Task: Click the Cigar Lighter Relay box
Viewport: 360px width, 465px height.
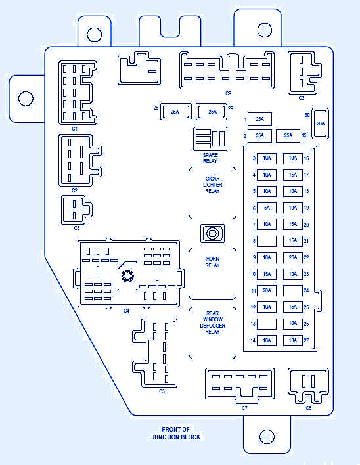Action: (x=213, y=193)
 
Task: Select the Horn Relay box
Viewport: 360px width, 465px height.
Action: (x=213, y=274)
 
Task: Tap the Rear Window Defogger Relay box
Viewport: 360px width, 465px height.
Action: (x=213, y=333)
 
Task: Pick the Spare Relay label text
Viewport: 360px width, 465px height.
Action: (x=210, y=158)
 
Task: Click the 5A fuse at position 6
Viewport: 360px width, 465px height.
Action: (x=267, y=208)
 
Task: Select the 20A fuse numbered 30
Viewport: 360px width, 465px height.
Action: (x=321, y=123)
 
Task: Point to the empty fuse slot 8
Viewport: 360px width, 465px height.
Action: (x=267, y=241)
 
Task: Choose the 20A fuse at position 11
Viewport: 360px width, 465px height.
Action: (x=267, y=290)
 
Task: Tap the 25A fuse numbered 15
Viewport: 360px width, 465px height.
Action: (x=288, y=135)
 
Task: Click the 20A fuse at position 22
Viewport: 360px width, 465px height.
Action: (x=293, y=257)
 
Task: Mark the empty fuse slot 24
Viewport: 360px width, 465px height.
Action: (x=293, y=290)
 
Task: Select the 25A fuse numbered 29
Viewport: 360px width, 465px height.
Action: (x=212, y=112)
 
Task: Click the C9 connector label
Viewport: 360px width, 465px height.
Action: (x=228, y=93)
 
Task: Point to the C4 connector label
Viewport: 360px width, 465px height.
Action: (x=127, y=311)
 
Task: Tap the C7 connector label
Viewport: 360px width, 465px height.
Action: (x=244, y=408)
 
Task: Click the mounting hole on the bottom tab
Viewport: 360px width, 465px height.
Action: (x=267, y=437)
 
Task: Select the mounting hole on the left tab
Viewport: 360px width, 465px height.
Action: (x=26, y=99)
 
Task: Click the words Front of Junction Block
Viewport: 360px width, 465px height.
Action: (x=175, y=433)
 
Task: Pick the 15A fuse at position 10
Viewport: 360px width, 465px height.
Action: (x=267, y=275)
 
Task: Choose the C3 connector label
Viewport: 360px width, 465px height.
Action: (x=302, y=98)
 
